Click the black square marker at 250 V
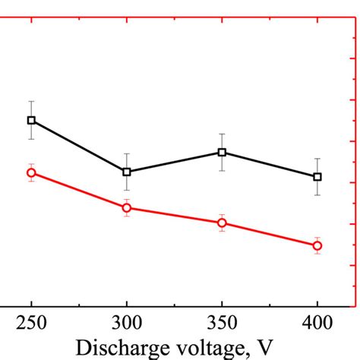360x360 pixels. click(31, 120)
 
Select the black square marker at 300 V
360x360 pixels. click(127, 172)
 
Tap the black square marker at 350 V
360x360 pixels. click(222, 152)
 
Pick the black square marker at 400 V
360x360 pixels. click(317, 176)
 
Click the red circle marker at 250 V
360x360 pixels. click(31, 172)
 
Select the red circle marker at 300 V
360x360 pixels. click(127, 207)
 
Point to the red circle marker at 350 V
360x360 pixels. click(222, 223)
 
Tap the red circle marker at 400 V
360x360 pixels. click(317, 245)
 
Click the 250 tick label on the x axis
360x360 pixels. click(31, 323)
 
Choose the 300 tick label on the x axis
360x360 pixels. click(127, 323)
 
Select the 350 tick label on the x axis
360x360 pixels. click(222, 323)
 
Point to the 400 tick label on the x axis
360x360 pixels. click(317, 323)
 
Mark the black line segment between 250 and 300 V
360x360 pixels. click(79, 146)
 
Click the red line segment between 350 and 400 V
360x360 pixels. click(270, 234)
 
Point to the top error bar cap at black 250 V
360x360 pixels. click(31, 101)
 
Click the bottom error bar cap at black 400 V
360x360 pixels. click(317, 195)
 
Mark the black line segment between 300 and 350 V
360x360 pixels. click(175, 162)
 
